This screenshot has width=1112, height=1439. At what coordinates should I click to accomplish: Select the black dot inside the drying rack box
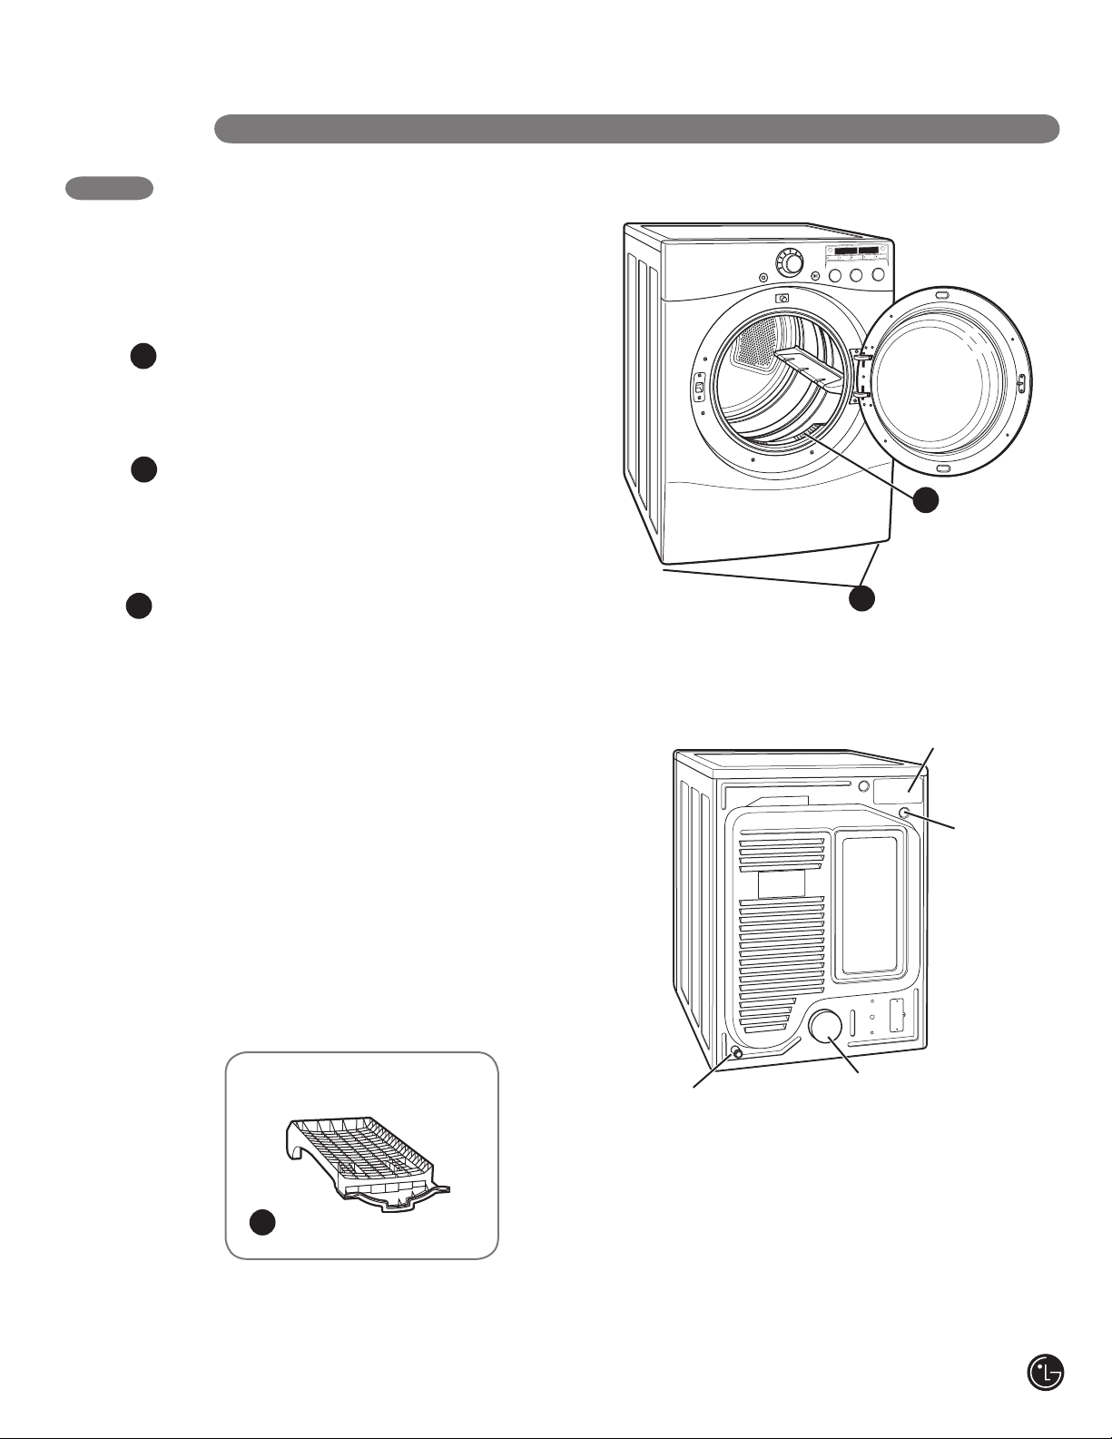pyautogui.click(x=262, y=1223)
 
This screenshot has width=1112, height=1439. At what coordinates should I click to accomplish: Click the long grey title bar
pyautogui.click(x=636, y=129)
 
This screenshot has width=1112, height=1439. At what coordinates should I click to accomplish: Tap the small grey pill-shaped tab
pyautogui.click(x=109, y=188)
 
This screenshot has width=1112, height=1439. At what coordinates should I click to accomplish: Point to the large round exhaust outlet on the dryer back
pyautogui.click(x=825, y=1026)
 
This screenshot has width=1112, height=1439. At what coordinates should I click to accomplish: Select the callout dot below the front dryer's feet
pyautogui.click(x=861, y=598)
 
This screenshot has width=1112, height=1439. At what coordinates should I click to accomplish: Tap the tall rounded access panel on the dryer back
pyautogui.click(x=870, y=905)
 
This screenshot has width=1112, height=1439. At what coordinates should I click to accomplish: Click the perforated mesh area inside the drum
pyautogui.click(x=756, y=344)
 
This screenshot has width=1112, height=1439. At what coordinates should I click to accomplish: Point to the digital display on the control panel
pyautogui.click(x=857, y=250)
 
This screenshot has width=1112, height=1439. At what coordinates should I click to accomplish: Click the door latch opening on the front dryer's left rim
pyautogui.click(x=700, y=389)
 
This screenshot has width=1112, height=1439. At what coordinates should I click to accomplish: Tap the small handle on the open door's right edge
pyautogui.click(x=1020, y=382)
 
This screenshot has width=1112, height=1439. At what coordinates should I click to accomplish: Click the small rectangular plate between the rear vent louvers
pyautogui.click(x=781, y=883)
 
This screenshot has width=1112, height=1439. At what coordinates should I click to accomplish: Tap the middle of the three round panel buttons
pyautogui.click(x=857, y=274)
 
